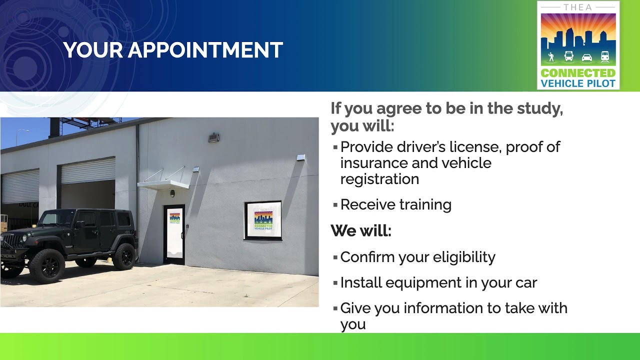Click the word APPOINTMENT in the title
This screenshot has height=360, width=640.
point(205,50)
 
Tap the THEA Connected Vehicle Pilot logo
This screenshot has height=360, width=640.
point(578,45)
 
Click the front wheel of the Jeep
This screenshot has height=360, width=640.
point(46,265)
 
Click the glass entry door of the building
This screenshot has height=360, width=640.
point(174,234)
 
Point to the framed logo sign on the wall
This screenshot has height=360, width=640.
point(263,220)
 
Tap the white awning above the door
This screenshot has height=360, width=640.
point(163,184)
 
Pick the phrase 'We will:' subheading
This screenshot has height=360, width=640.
point(360,231)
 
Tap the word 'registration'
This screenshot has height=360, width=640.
point(379,179)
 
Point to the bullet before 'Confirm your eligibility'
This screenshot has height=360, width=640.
point(335,257)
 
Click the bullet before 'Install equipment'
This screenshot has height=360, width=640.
point(335,283)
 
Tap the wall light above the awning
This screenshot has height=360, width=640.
point(213,137)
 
